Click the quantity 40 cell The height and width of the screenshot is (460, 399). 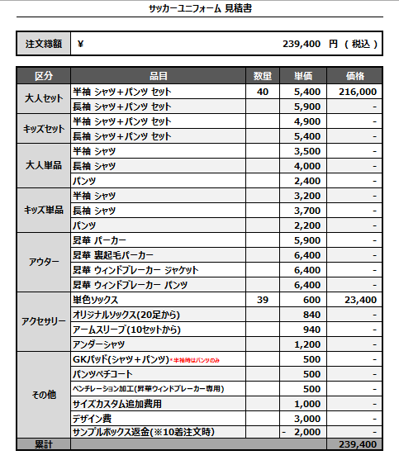click(263, 92)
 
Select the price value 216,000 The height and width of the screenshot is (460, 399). click(358, 92)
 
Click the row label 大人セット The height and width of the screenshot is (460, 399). click(44, 99)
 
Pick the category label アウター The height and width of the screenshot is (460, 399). click(44, 262)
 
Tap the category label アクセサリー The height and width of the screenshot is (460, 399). click(44, 321)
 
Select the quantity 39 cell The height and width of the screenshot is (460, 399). click(263, 300)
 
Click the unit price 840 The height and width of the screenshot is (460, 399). click(311, 315)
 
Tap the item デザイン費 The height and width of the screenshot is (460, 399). click(93, 419)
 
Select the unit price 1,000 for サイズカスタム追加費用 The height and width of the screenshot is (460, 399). click(307, 404)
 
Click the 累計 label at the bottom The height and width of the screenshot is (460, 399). click(44, 444)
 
